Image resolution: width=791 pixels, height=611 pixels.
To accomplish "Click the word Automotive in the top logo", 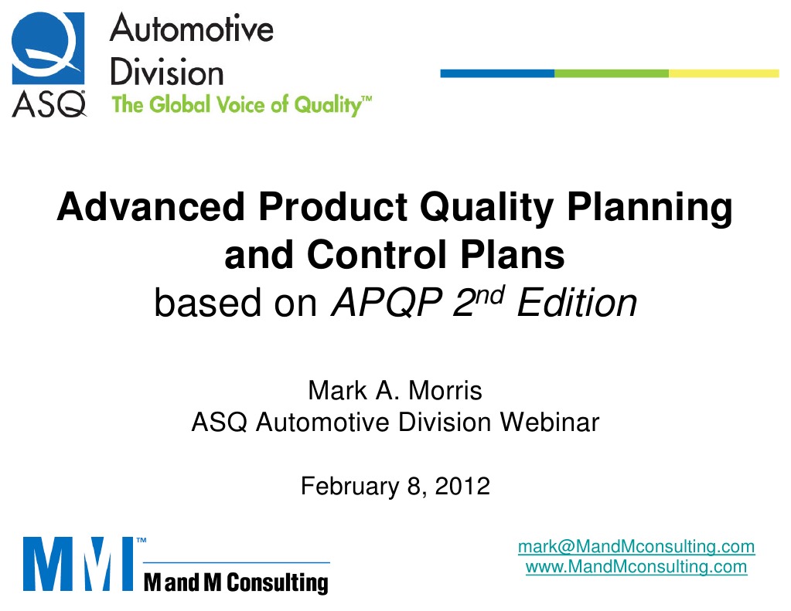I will (x=191, y=30).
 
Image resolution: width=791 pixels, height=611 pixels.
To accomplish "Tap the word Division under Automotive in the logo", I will (x=166, y=73).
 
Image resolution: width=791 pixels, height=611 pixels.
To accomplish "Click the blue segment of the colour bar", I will (x=496, y=73).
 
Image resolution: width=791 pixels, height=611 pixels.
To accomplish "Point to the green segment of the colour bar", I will (x=611, y=73).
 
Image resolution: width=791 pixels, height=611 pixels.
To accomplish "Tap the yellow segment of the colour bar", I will (x=724, y=73).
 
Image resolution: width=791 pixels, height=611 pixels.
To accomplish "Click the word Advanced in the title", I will (x=147, y=209).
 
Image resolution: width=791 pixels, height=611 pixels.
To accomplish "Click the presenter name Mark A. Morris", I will (x=394, y=391).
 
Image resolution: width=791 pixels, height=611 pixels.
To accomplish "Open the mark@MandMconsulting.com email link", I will (x=636, y=547).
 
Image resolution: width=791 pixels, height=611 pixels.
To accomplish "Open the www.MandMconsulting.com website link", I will (x=636, y=567).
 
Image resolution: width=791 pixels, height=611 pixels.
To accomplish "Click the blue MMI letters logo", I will (x=77, y=563).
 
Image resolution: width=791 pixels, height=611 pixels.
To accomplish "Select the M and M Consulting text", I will (x=236, y=581).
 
